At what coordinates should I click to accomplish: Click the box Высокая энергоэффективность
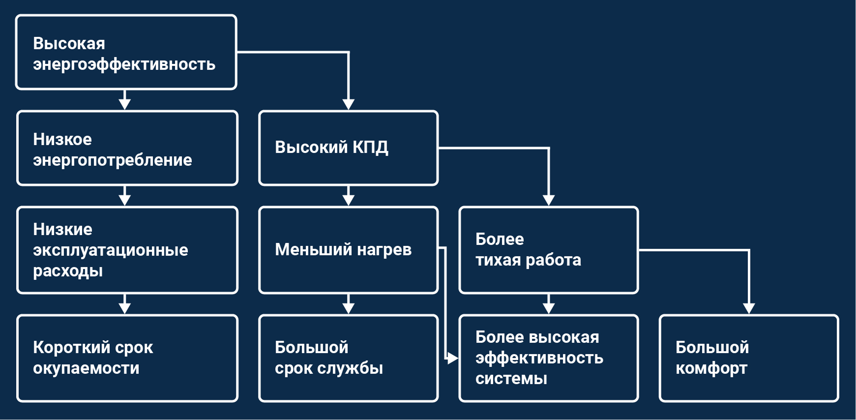pyautogui.click(x=126, y=52)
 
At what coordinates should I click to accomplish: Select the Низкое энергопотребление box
pyautogui.click(x=127, y=148)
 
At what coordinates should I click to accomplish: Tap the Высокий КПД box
pyautogui.click(x=348, y=148)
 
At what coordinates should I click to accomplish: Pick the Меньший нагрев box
pyautogui.click(x=348, y=250)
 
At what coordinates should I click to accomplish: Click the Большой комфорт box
pyautogui.click(x=748, y=358)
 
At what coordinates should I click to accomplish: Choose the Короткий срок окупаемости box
pyautogui.click(x=127, y=358)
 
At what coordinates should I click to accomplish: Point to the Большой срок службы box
pyautogui.click(x=348, y=358)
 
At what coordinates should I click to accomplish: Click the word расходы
pyautogui.click(x=68, y=271)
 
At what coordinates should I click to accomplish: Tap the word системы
pyautogui.click(x=511, y=379)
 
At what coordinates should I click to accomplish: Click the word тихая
pyautogui.click(x=498, y=260)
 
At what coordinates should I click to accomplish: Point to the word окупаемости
pyautogui.click(x=86, y=368)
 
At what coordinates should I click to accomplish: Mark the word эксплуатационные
pyautogui.click(x=110, y=250)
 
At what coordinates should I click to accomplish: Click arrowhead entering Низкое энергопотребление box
pyautogui.click(x=125, y=104)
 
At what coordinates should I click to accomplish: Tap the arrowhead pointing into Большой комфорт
pyautogui.click(x=748, y=308)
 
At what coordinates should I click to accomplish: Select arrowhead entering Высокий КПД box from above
pyautogui.click(x=348, y=104)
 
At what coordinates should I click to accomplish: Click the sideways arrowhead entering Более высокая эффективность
pyautogui.click(x=452, y=358)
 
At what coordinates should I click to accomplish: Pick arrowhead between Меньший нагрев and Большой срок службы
pyautogui.click(x=348, y=308)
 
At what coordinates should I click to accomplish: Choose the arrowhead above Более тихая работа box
pyautogui.click(x=549, y=200)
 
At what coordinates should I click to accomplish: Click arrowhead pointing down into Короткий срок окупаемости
pyautogui.click(x=125, y=308)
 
